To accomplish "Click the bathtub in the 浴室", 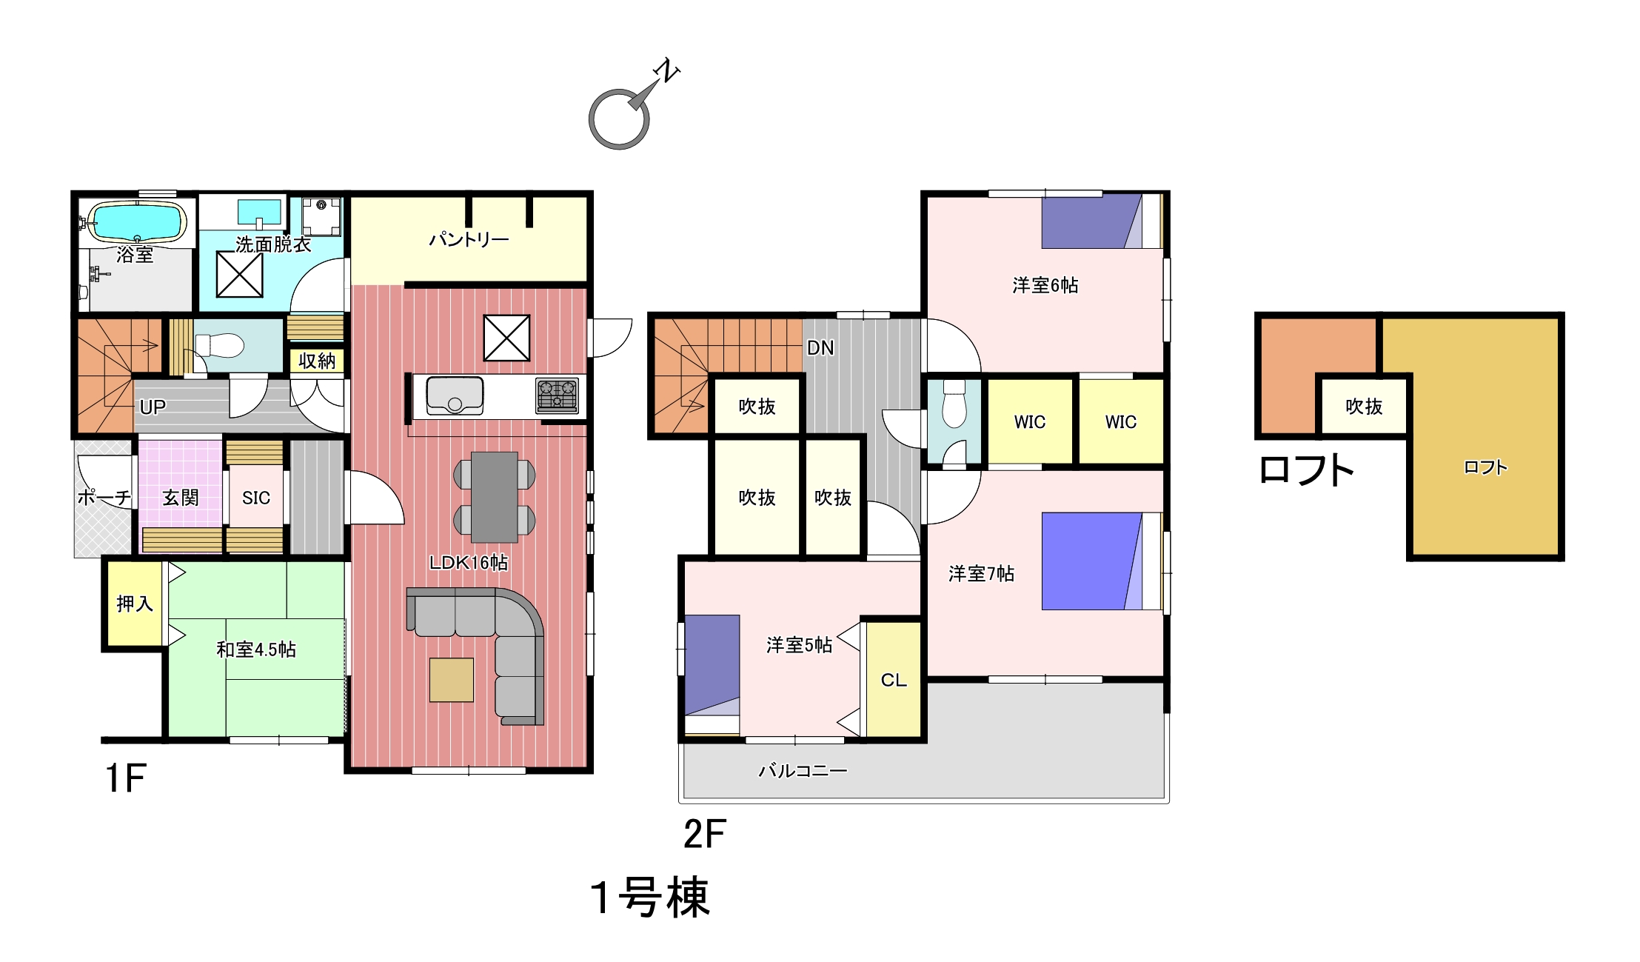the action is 137,221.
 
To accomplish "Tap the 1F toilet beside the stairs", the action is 219,345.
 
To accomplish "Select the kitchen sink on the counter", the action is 455,396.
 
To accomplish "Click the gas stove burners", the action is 558,395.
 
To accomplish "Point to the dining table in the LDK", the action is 495,497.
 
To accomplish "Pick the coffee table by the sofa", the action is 451,680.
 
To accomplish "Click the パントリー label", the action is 469,240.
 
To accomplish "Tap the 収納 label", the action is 317,361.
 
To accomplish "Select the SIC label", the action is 256,498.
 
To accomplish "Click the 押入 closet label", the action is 135,604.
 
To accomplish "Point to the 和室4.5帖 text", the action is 256,649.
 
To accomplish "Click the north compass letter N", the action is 667,70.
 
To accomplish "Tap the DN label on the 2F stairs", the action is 820,348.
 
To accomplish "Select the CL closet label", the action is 894,680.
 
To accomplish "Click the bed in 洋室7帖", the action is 1101,561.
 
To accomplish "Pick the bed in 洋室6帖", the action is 1101,221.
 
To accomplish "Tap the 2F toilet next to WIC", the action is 954,404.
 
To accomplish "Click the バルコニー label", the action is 803,771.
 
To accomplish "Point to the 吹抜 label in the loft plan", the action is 1364,407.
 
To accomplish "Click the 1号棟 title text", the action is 650,898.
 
